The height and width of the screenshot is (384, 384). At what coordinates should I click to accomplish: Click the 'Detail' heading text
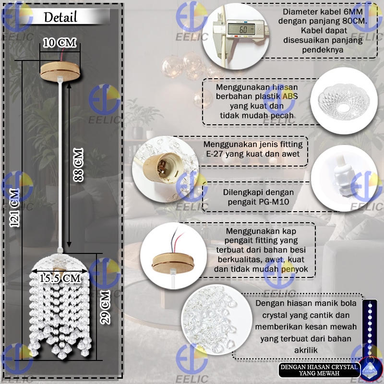(x=60, y=18)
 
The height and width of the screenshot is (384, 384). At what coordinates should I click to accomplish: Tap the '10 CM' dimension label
(x=60, y=43)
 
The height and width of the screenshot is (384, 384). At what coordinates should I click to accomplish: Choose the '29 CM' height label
(x=105, y=306)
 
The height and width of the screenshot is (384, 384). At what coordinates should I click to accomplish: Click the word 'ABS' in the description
(x=289, y=97)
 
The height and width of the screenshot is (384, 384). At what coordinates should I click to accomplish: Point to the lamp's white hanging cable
(x=60, y=163)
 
